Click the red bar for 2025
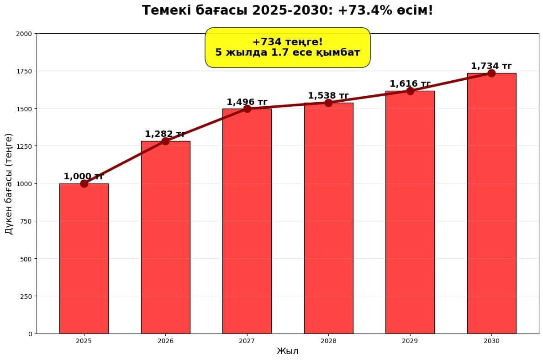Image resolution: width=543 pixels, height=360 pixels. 84,258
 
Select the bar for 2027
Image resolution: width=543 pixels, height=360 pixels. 247,221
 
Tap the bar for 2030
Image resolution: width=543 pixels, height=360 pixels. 491,203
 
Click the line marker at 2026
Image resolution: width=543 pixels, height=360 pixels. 165,141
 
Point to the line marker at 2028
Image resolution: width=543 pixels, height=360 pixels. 328,103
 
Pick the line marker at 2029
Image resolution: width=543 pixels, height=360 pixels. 410,91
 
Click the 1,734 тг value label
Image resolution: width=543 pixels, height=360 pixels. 491,66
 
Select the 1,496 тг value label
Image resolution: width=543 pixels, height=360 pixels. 247,102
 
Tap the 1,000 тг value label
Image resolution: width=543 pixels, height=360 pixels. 84,177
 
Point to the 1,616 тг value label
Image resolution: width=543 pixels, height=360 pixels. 410,84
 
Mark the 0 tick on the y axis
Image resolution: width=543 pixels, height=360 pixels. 30,334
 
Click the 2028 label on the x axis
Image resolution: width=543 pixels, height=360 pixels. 328,341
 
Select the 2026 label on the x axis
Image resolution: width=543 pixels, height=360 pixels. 165,341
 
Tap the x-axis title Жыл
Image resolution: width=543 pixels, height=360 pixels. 288,351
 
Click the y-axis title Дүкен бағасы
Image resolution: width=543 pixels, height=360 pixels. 9,183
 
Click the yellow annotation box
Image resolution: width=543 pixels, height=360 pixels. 288,47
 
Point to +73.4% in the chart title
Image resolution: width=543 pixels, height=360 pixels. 365,10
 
